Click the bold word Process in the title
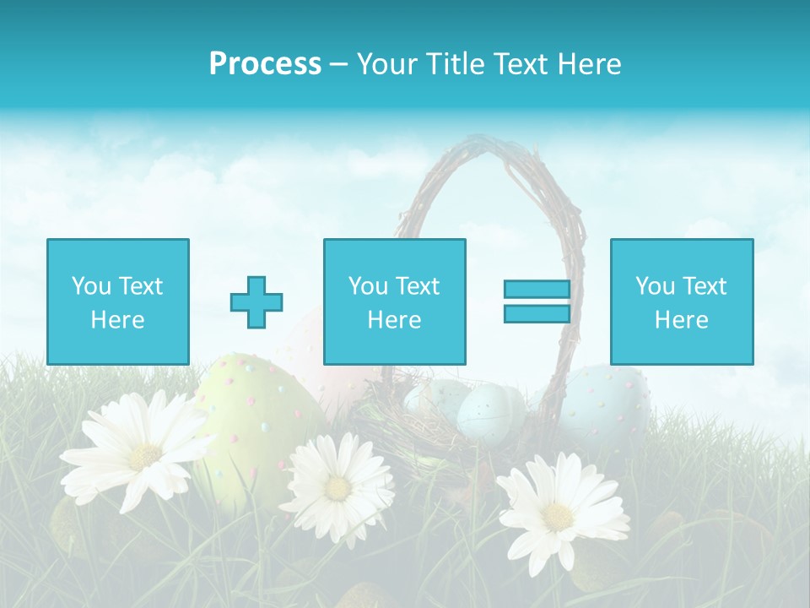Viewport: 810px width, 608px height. pos(265,64)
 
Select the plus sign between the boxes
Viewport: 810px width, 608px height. pos(256,302)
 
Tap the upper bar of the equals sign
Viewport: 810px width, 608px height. pos(537,290)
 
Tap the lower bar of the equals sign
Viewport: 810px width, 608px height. pos(537,313)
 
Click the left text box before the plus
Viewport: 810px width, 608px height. pos(118,301)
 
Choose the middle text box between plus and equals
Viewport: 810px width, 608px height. pos(394,301)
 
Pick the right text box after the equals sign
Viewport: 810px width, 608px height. pos(681,301)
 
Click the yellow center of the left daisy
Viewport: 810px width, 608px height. pos(144,457)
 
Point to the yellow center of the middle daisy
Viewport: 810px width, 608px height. pos(337,488)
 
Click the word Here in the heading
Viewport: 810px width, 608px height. pos(587,64)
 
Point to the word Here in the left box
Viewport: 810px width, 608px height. pos(118,320)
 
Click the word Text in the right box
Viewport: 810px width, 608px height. pos(705,286)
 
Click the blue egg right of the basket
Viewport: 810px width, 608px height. pos(606,397)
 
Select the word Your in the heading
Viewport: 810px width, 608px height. pos(386,64)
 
